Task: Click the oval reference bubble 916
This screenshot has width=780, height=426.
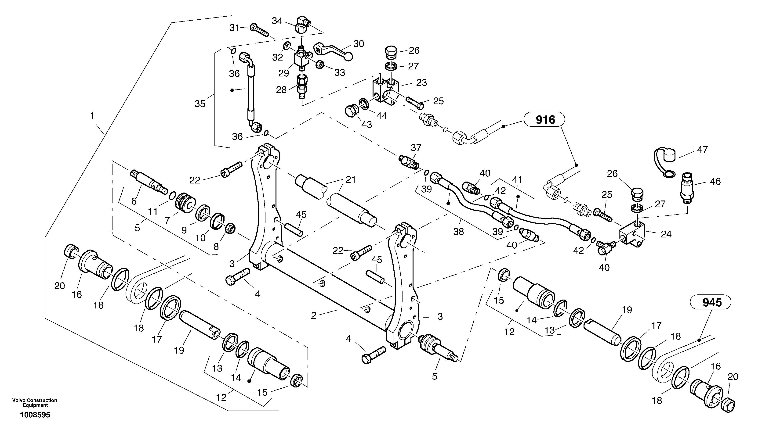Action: [545, 120]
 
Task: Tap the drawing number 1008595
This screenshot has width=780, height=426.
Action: [35, 415]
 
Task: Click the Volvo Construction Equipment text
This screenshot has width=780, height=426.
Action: [35, 403]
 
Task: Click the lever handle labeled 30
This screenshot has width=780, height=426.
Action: [333, 51]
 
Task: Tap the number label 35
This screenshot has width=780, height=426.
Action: [200, 104]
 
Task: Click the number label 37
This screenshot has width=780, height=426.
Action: [416, 148]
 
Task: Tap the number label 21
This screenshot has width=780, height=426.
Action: [351, 180]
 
